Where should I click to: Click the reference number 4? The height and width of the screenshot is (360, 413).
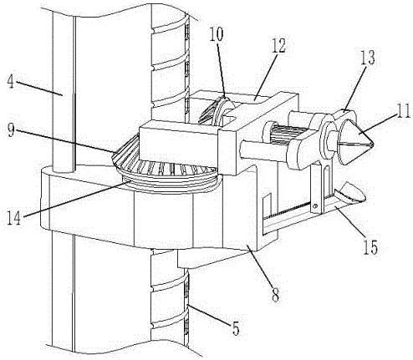point(11,80)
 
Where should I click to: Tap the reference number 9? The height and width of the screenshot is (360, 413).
point(11,130)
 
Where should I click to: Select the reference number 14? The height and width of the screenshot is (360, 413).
point(14,217)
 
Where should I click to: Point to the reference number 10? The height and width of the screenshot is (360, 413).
point(217,34)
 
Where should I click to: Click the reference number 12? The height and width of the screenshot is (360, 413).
point(278,46)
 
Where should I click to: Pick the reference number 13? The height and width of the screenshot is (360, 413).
point(368,58)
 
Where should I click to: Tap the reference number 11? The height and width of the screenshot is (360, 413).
point(404,111)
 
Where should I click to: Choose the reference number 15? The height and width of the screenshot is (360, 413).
point(370,246)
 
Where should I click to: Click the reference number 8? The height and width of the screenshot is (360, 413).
point(276,296)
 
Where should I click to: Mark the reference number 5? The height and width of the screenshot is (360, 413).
point(236,328)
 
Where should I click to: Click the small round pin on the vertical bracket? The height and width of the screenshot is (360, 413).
point(315,206)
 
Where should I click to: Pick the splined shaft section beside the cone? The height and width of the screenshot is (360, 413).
point(282,133)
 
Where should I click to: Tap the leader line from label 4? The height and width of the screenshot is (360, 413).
point(39,89)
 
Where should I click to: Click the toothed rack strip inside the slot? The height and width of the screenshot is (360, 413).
point(288,210)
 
